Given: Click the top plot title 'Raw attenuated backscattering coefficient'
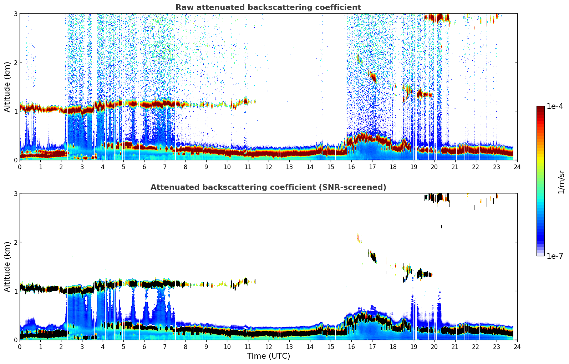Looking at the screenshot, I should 268,7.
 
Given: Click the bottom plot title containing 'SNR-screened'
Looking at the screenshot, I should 268,187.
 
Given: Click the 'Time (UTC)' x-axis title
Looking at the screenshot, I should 268,356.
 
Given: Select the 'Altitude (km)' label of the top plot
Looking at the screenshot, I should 7,87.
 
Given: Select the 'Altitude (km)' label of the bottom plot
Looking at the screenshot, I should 7,267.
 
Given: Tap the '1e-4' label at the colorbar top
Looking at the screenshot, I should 555,106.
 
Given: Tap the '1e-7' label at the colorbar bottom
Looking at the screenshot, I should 555,256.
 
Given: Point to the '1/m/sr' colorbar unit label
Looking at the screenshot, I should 561,182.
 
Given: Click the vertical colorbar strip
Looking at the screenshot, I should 540,181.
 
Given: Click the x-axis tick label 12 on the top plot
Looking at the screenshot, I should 268,167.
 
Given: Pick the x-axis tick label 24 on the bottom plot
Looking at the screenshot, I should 517,347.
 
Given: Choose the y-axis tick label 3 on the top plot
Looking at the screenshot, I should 16,14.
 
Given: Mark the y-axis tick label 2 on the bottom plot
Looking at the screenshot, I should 16,242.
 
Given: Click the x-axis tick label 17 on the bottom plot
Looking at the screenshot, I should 372,347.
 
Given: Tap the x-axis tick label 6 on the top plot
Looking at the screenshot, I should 144,167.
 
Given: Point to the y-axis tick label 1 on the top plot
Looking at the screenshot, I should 16,111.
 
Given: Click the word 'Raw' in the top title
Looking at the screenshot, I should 183,7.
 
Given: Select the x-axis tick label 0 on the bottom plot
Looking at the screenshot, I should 20,347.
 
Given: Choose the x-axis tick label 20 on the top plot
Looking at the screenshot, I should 434,167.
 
